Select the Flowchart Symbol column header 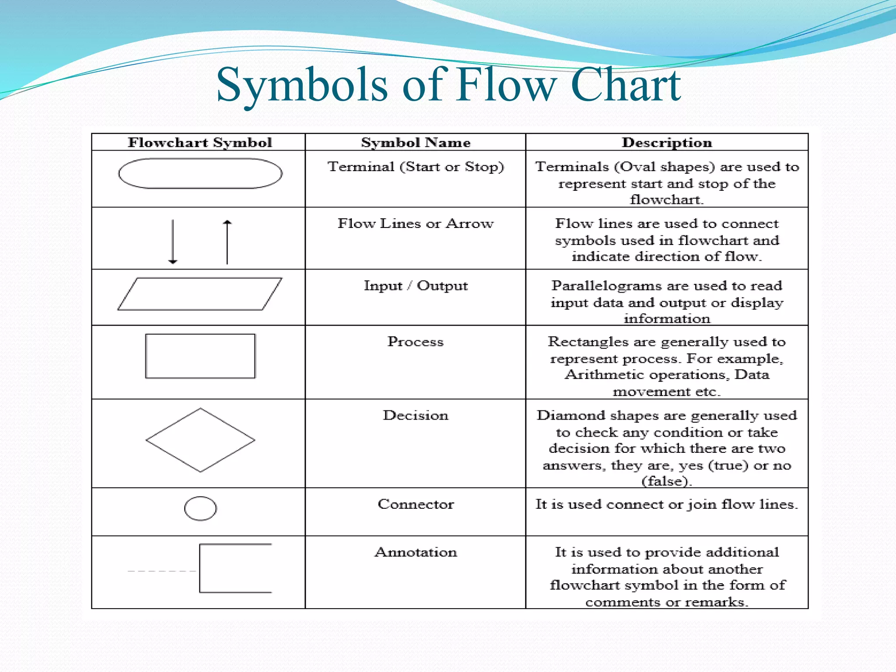(199, 143)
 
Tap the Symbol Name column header (415, 143)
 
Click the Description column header (667, 143)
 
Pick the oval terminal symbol (200, 174)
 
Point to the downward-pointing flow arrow (173, 241)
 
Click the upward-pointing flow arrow (227, 242)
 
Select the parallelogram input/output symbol (200, 294)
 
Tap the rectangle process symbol (200, 356)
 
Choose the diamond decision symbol (200, 440)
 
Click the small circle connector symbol (200, 508)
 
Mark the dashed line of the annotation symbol (162, 571)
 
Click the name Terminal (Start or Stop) (415, 167)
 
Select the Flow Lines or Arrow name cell (415, 224)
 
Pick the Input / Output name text (415, 286)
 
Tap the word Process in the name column (415, 342)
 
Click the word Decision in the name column (415, 415)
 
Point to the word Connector (415, 504)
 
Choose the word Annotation (415, 552)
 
